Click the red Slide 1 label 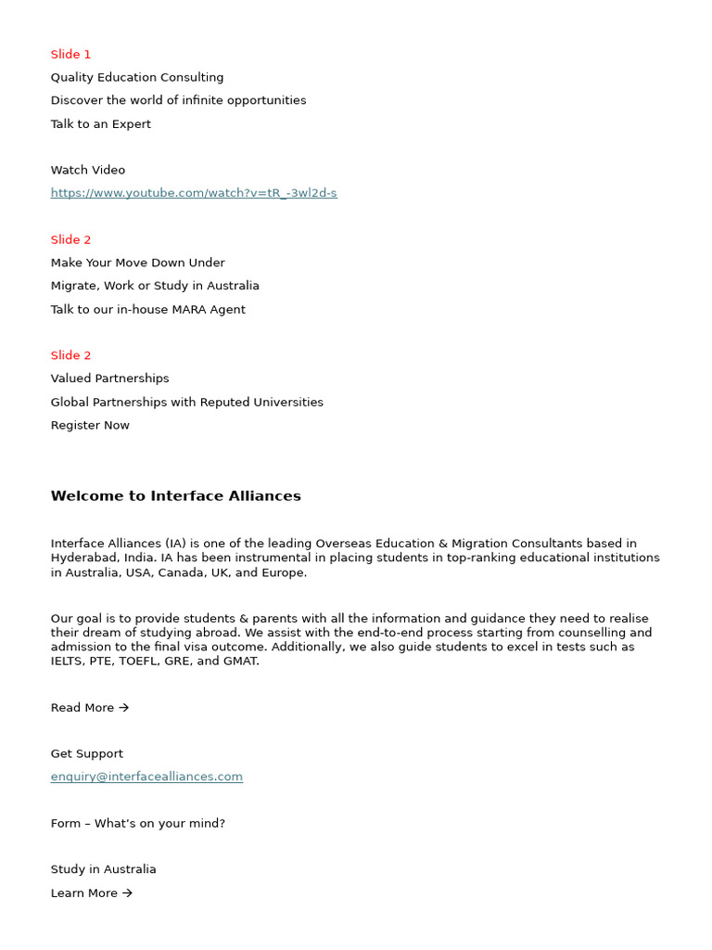(x=71, y=55)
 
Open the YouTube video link (x=194, y=193)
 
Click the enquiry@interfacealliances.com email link (x=146, y=777)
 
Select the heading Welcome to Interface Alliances (x=175, y=496)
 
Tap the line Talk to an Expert (x=100, y=124)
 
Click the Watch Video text (x=88, y=170)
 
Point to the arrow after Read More (x=124, y=708)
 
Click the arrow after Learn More (x=127, y=893)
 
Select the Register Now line (x=90, y=426)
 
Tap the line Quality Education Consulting (x=137, y=78)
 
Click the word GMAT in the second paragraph (x=240, y=661)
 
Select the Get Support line (x=86, y=754)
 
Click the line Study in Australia (x=103, y=869)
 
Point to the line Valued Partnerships (x=109, y=379)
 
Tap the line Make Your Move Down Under (x=137, y=263)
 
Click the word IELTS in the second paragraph (x=67, y=661)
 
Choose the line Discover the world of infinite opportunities (x=178, y=100)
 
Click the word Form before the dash (x=65, y=824)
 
